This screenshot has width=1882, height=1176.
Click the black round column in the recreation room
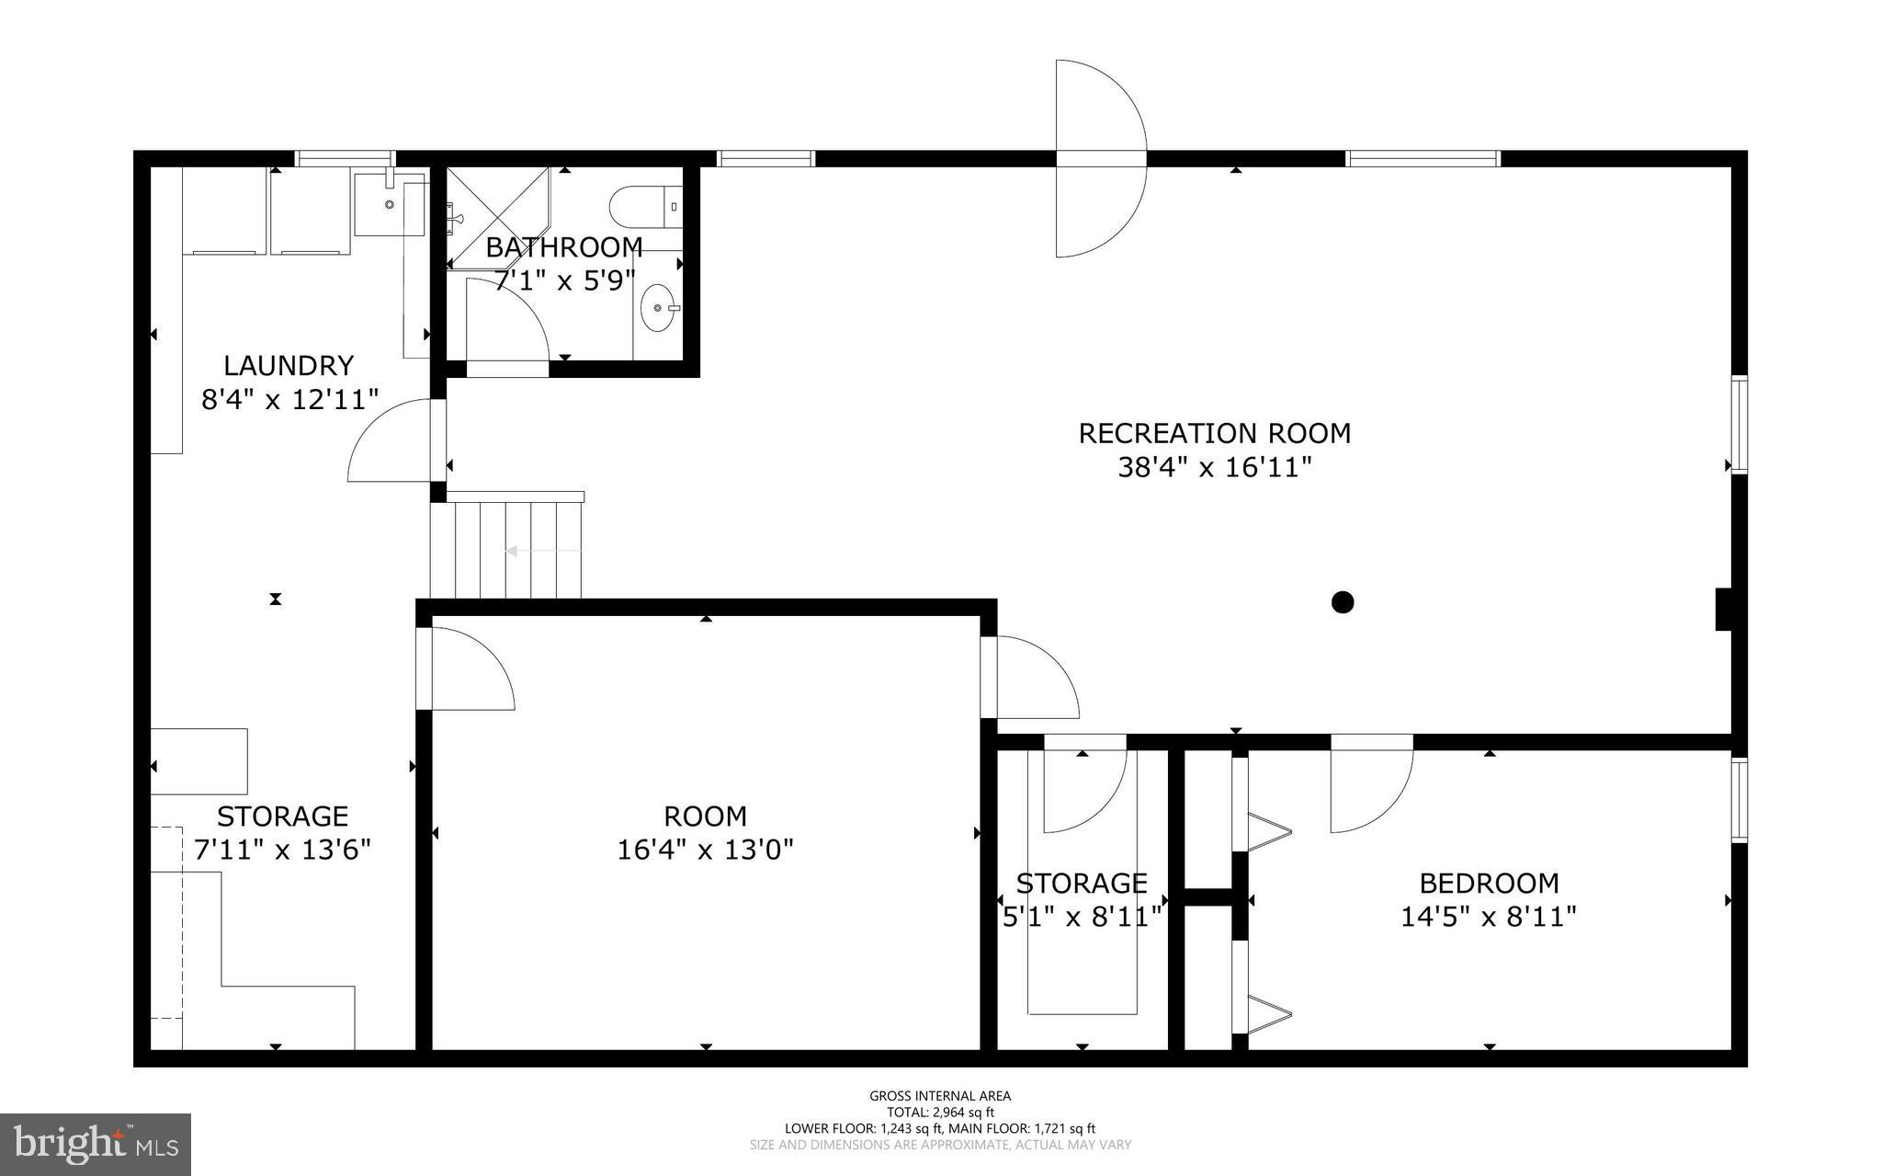(1343, 602)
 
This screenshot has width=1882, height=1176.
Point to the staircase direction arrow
(542, 551)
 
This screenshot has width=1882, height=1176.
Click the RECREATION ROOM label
(1214, 433)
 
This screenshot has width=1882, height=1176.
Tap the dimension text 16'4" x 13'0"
(705, 849)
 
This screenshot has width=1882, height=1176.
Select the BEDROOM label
(1489, 884)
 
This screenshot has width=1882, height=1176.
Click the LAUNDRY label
(289, 366)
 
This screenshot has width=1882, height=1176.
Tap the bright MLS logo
(96, 1144)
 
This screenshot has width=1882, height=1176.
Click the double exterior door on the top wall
(1101, 158)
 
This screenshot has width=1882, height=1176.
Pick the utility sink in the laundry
(390, 204)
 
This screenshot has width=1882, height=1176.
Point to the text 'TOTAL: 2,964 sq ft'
(939, 1112)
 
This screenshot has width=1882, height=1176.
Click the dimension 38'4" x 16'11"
(1214, 468)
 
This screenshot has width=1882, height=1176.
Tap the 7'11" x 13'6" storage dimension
(282, 849)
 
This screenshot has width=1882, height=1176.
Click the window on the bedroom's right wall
(1739, 799)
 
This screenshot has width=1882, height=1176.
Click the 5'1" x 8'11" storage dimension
(1082, 917)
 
